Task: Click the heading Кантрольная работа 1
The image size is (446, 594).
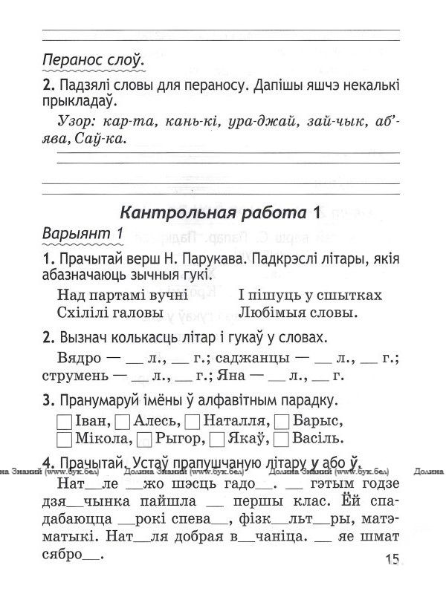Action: pyautogui.click(x=219, y=212)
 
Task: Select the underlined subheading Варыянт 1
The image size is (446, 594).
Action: pyautogui.click(x=83, y=234)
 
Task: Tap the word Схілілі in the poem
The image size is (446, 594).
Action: pyautogui.click(x=88, y=310)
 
